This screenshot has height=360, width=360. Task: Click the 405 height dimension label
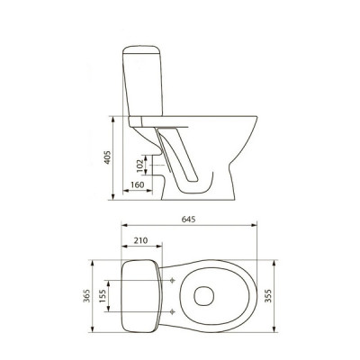(107, 157)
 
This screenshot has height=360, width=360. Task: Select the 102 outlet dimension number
(139, 166)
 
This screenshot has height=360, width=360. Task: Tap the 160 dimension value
(138, 184)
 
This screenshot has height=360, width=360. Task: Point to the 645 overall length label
(189, 220)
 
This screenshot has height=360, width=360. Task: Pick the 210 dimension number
(141, 240)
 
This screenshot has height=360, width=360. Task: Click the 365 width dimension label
(86, 296)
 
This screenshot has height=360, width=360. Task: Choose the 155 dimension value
(103, 296)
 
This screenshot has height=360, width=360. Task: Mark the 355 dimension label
(268, 296)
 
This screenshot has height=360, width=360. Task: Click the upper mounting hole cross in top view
(172, 281)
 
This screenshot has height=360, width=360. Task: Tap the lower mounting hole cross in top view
(172, 312)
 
